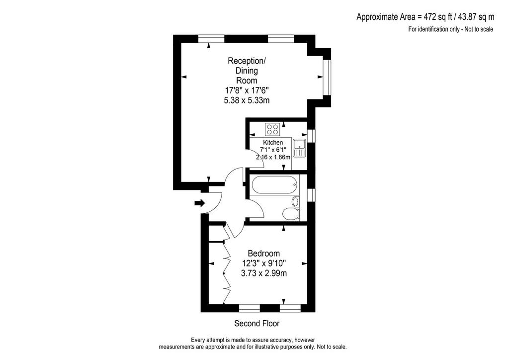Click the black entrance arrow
[x=200, y=203]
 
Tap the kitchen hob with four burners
[x=273, y=129]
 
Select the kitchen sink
[x=299, y=148]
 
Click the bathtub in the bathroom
[x=274, y=184]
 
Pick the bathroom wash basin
[x=295, y=202]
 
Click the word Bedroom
[x=263, y=253]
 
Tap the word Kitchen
[x=273, y=143]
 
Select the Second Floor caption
[x=257, y=323]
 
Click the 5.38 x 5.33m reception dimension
[x=247, y=100]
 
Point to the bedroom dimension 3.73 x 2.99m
[x=263, y=273]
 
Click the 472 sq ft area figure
[x=434, y=16]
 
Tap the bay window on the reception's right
[x=327, y=77]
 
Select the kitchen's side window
[x=311, y=136]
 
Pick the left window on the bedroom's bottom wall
[x=250, y=308]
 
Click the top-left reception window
[x=211, y=39]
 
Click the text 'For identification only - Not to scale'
[x=450, y=29]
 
